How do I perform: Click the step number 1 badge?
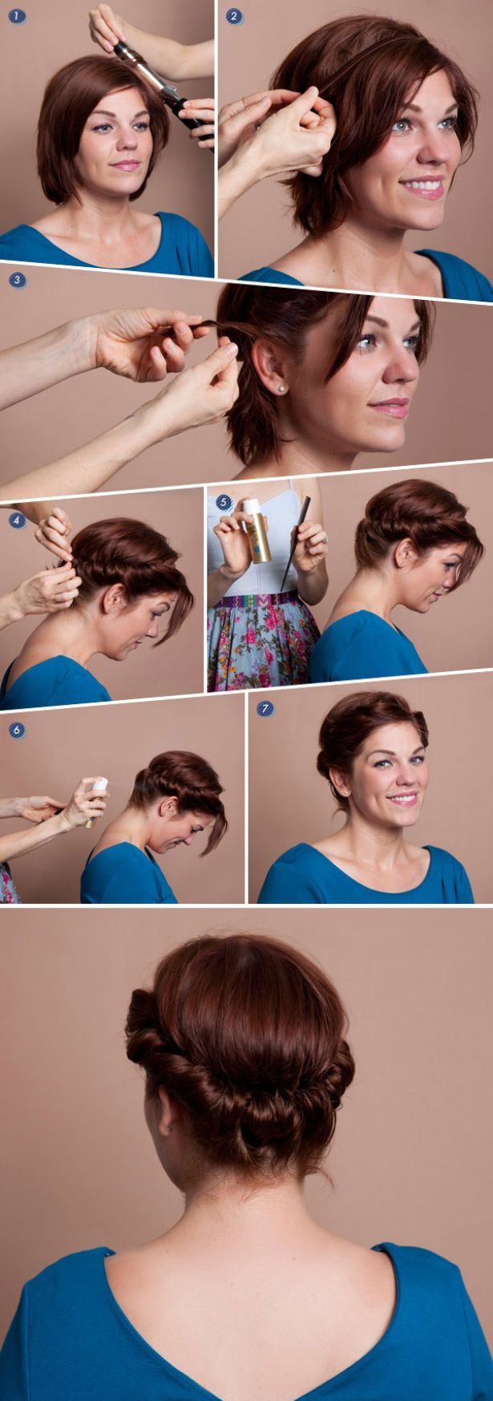pos(14,15)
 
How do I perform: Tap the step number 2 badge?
pos(233,15)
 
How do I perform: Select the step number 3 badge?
pos(17,281)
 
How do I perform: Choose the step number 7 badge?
pos(265,708)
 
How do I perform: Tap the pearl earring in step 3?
pos(281,388)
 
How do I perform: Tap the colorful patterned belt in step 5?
pos(260,600)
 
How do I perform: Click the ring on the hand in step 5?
pos(325,541)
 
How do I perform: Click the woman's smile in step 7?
pos(402,799)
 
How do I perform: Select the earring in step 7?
pos(346,791)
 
